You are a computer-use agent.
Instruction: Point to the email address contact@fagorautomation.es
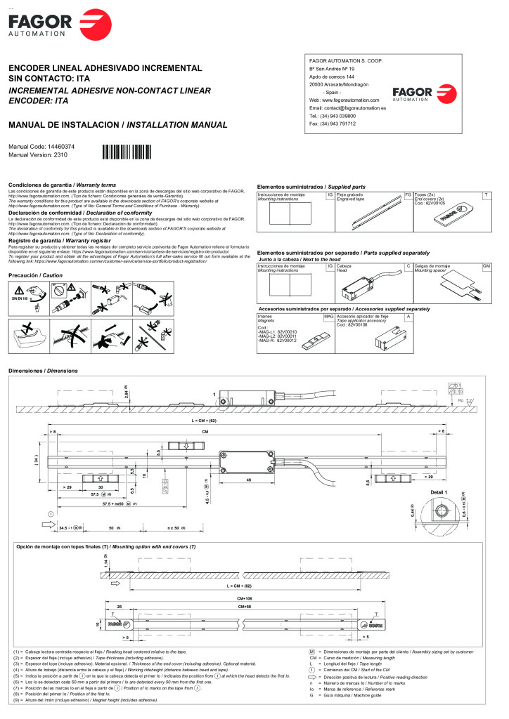point(348,108)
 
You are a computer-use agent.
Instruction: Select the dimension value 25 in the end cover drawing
point(120,605)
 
